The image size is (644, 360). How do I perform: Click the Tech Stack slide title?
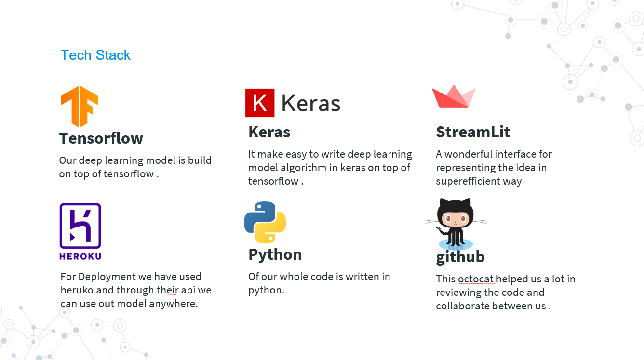pyautogui.click(x=95, y=55)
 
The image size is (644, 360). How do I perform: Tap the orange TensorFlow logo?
pyautogui.click(x=80, y=106)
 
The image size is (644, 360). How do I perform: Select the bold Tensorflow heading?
pyautogui.click(x=101, y=138)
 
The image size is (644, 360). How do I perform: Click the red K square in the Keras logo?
pyautogui.click(x=260, y=103)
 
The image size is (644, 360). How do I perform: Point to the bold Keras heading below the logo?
pyautogui.click(x=269, y=132)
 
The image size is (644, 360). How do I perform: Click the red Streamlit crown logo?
pyautogui.click(x=454, y=97)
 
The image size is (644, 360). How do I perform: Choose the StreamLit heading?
pyautogui.click(x=473, y=132)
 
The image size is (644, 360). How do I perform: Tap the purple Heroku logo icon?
pyautogui.click(x=80, y=226)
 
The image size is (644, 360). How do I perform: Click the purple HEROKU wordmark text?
pyautogui.click(x=80, y=256)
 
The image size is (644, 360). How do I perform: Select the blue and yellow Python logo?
pyautogui.click(x=265, y=222)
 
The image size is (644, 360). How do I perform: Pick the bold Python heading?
pyautogui.click(x=275, y=254)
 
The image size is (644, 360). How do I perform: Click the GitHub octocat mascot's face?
pyautogui.click(x=456, y=219)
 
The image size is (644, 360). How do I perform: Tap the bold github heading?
pyautogui.click(x=460, y=257)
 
